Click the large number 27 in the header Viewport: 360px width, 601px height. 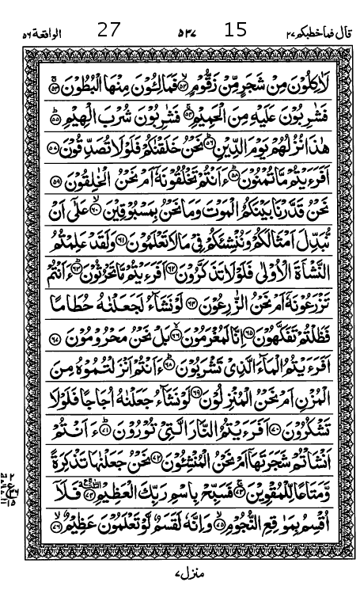108,31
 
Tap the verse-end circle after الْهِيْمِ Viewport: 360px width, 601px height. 55,118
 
